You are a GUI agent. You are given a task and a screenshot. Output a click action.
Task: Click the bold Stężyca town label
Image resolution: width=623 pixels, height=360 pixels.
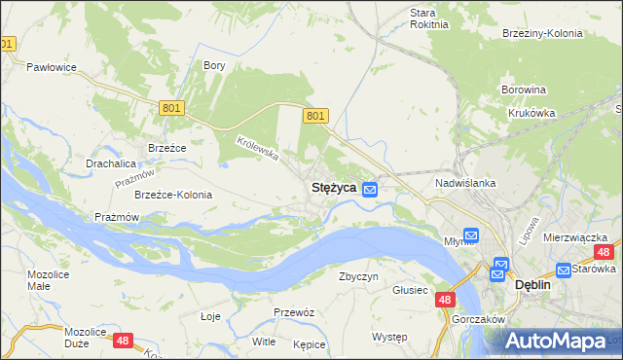pos(332,187)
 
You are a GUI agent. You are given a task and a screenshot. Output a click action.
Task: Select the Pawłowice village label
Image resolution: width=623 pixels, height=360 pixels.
pos(52,68)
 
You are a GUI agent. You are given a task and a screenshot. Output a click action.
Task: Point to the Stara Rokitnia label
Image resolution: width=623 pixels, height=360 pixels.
pos(428,18)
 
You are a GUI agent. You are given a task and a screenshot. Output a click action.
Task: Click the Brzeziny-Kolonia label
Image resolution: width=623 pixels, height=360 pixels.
pos(542,33)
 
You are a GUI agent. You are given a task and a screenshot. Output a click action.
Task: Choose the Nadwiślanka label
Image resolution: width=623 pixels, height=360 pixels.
pos(466,183)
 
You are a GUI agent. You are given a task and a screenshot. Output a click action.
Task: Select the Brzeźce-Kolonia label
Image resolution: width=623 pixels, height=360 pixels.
pos(173,195)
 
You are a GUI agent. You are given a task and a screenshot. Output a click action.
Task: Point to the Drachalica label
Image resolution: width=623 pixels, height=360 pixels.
pos(110,163)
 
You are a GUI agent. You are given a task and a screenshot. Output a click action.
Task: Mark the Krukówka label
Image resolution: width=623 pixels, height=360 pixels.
pos(531,113)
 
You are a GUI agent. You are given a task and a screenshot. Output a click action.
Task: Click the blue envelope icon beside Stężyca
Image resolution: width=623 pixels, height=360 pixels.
pos(370,189)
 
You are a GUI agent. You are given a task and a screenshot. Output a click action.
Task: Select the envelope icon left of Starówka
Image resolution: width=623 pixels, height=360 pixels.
pos(564,270)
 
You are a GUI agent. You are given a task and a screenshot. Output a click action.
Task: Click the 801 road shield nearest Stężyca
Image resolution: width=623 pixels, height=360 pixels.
pos(314,116)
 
